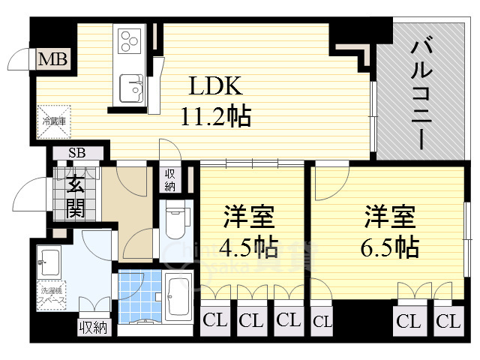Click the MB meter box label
pyautogui.click(x=52, y=58)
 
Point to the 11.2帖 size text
pyautogui.click(x=214, y=116)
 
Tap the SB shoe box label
pyautogui.click(x=76, y=154)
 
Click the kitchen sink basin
pyautogui.click(x=132, y=88)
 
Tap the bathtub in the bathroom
pyautogui.click(x=178, y=298)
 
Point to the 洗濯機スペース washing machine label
pyautogui.click(x=52, y=295)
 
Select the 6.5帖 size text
pyautogui.click(x=392, y=246)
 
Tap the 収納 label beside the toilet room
pyautogui.click(x=170, y=180)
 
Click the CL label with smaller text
pyautogui.click(x=322, y=322)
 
